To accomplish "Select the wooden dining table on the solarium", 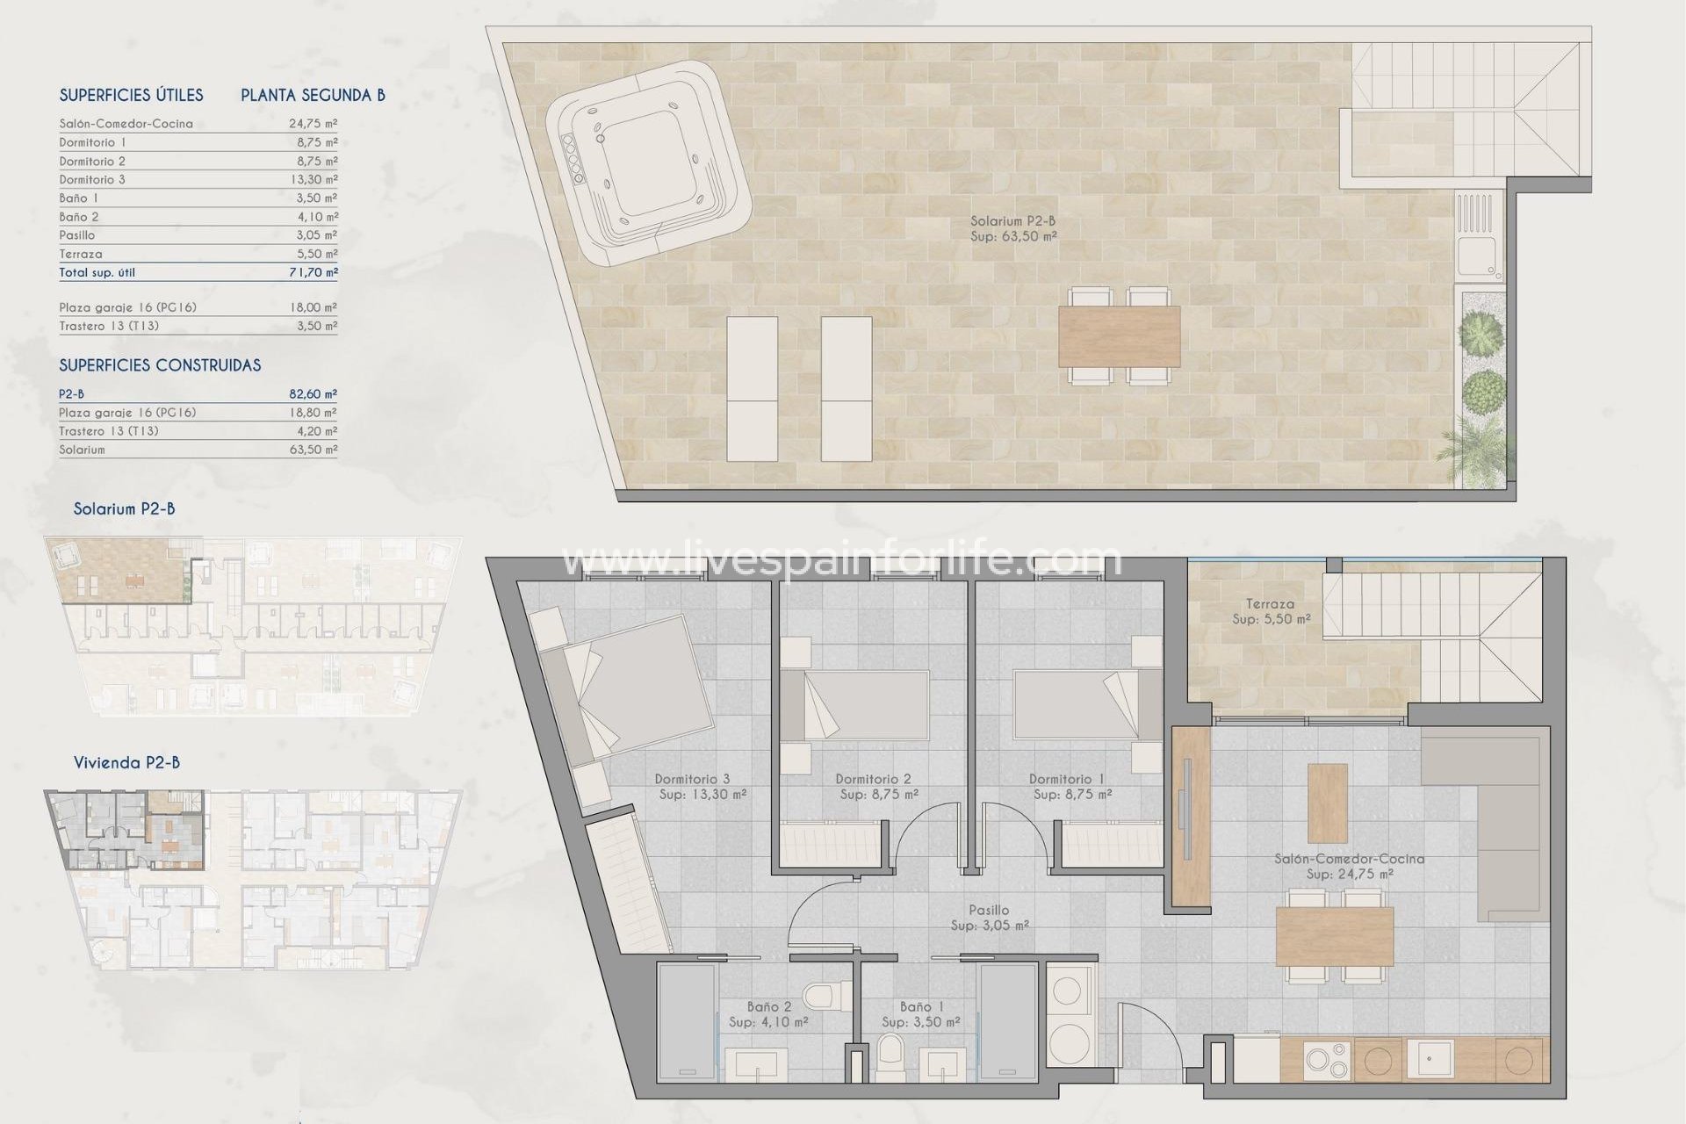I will coord(1119,336).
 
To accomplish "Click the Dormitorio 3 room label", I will coord(692,779).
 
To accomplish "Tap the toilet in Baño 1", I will coord(890,1053).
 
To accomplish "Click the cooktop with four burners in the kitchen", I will coord(1325,1060).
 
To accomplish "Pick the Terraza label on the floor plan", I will coord(1270,604).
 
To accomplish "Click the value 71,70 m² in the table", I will coord(313,272).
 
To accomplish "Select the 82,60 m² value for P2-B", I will coord(313,394).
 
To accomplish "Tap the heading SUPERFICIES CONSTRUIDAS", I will coord(160,365).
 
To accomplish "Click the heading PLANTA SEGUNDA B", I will coord(313,95).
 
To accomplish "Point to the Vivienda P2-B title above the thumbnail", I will coord(126,762).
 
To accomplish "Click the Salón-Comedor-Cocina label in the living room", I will coord(1349,859).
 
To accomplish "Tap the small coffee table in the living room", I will coord(1327,803).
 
